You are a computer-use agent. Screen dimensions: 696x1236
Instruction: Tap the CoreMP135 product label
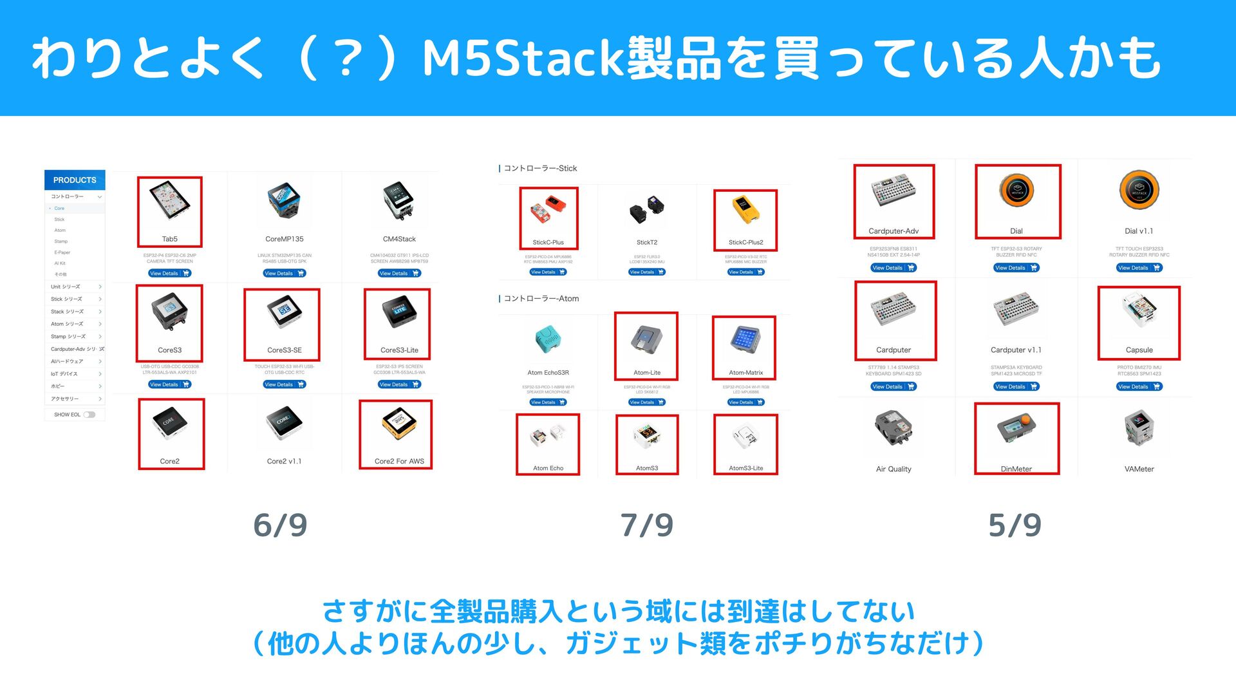(x=284, y=239)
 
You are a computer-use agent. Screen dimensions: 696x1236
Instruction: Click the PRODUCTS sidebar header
(x=75, y=180)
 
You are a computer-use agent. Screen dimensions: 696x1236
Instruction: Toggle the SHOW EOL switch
(x=89, y=415)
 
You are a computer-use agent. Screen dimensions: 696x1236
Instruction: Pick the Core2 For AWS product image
(x=399, y=425)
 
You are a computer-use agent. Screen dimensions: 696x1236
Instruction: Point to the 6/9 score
(x=280, y=525)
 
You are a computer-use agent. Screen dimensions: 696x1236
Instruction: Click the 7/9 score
(x=647, y=525)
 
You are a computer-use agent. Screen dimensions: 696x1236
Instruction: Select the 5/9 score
(x=1015, y=525)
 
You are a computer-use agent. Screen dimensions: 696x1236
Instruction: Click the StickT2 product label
(x=647, y=243)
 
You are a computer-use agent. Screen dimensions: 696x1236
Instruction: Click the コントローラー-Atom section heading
(x=541, y=299)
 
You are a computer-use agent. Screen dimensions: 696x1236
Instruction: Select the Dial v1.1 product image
(x=1139, y=191)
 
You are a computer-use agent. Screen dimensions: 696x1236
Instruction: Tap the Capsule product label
(x=1139, y=350)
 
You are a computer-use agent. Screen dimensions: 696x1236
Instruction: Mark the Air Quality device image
(x=894, y=428)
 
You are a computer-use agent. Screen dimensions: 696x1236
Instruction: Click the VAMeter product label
(x=1139, y=469)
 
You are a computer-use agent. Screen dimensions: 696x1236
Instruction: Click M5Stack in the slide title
(x=524, y=58)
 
